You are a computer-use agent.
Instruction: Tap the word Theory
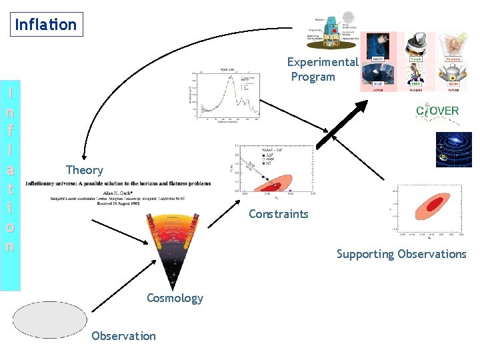pos(85,170)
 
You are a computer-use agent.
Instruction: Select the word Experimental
pos(322,62)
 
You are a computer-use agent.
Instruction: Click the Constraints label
pos(278,214)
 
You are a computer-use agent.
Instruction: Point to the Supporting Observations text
pos(401,254)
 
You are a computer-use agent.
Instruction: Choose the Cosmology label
pos(175,298)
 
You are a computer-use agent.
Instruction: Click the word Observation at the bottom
pos(123,336)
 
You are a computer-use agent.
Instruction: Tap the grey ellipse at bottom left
pos(41,320)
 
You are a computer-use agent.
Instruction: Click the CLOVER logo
pos(437,111)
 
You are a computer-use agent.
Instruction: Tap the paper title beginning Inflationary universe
pos(118,183)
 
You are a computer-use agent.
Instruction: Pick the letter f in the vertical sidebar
pos(10,124)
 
